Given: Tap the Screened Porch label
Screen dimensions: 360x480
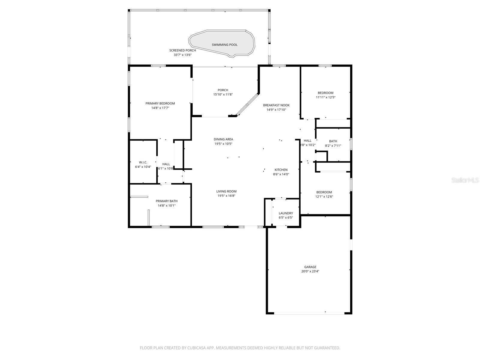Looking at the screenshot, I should point(182,50).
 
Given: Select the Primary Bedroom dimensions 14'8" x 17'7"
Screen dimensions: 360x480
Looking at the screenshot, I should point(160,108).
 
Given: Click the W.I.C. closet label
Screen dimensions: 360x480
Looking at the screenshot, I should point(143,162).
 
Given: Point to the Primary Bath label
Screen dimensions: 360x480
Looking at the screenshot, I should point(166,201).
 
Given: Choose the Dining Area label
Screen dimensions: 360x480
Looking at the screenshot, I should point(223,139).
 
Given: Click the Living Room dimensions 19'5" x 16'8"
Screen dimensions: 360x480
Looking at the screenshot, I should point(226,196).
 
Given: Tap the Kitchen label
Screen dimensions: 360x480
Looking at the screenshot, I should point(281,170).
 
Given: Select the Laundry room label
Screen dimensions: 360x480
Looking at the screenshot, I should point(286,213).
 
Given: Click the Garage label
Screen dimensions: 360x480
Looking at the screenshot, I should point(310,267).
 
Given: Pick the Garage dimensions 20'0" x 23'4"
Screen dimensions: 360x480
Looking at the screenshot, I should point(310,271).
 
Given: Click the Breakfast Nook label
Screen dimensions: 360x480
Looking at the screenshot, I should point(276,105).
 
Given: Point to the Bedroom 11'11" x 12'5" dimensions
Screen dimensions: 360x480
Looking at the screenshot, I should point(325,97).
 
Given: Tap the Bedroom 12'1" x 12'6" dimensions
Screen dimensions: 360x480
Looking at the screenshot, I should point(324,197).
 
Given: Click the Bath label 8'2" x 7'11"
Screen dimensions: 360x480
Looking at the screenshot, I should point(333,141).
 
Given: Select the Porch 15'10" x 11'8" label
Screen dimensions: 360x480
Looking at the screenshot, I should point(223,90).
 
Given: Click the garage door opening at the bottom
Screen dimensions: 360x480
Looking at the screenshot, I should point(309,313).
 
